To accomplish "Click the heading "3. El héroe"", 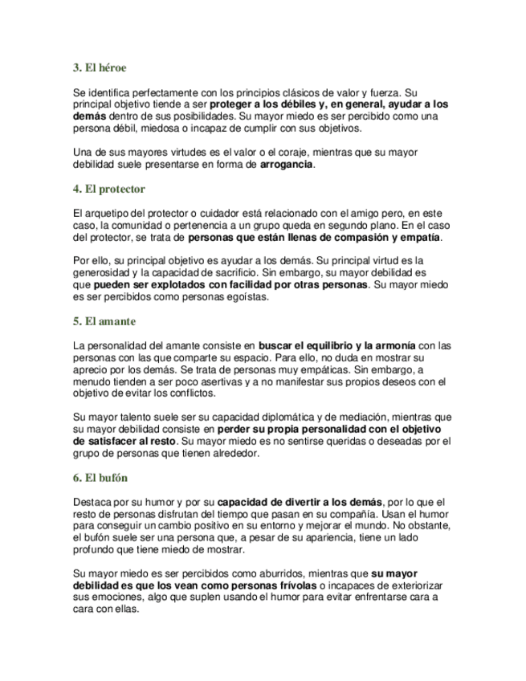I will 100,68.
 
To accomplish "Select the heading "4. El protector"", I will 108,189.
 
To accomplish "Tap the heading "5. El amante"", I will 104,321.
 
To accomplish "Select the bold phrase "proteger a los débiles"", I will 264,104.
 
